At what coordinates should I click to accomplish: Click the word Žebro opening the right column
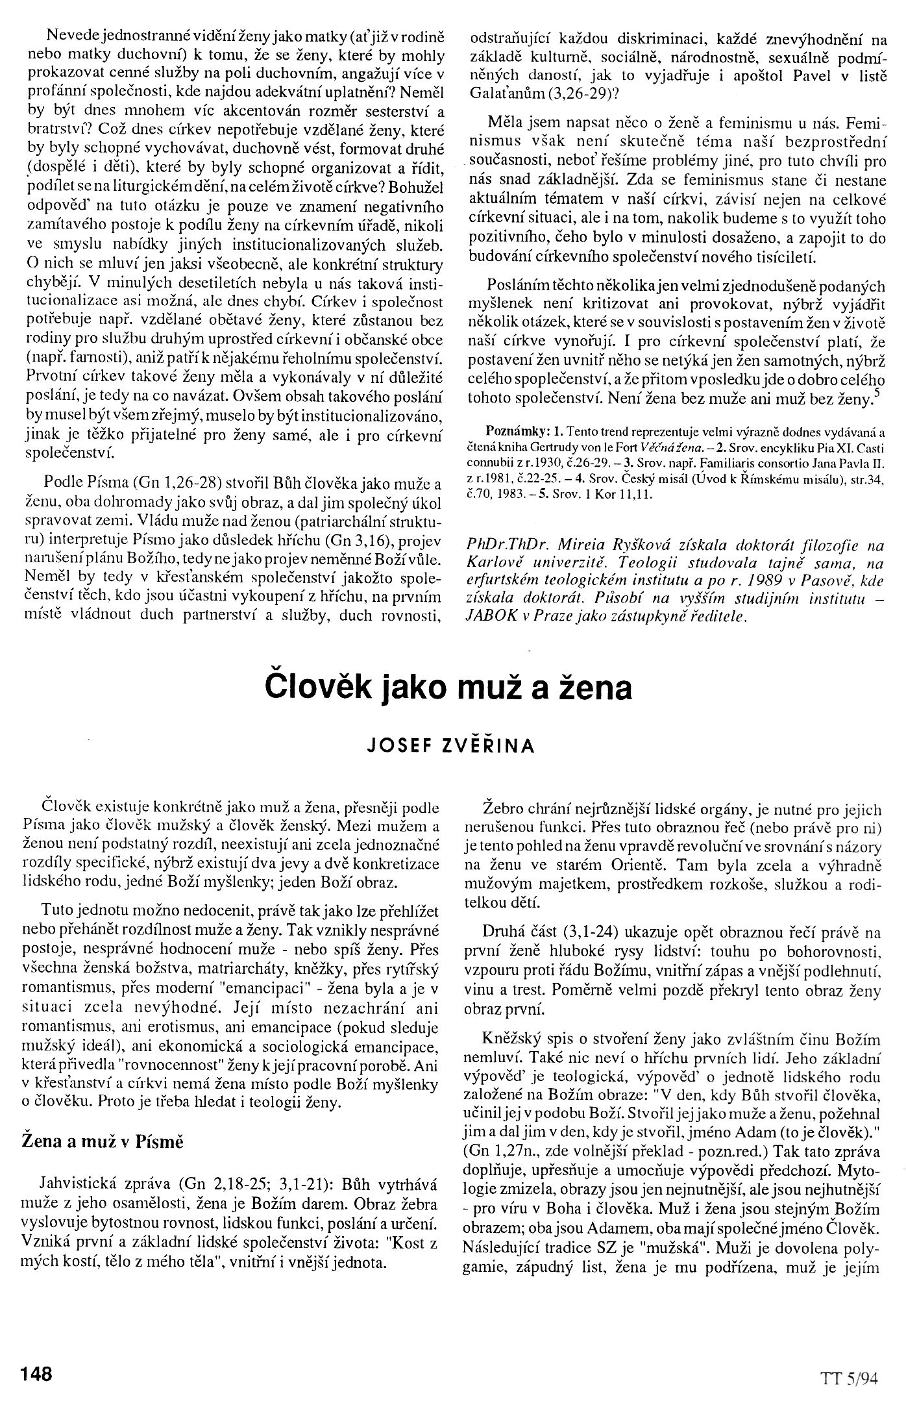point(502,810)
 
